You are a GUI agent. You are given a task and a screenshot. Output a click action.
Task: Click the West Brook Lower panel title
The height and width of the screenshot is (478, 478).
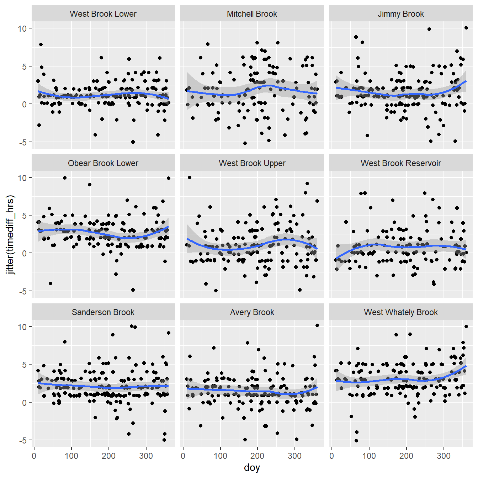pyautogui.click(x=103, y=14)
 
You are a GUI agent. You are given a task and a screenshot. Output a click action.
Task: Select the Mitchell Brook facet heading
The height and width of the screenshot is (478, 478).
pyautogui.click(x=252, y=14)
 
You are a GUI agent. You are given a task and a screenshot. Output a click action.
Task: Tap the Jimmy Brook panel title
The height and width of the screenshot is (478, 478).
pyautogui.click(x=400, y=14)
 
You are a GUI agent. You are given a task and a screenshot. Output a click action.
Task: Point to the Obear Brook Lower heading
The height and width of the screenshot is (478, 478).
pyautogui.click(x=103, y=163)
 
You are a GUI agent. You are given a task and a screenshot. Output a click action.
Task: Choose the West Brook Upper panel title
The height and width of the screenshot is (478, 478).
pyautogui.click(x=252, y=163)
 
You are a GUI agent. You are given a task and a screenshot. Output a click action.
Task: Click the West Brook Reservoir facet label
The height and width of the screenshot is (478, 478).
pyautogui.click(x=400, y=163)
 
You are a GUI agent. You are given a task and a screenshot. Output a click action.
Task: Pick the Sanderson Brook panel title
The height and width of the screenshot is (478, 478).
pyautogui.click(x=103, y=312)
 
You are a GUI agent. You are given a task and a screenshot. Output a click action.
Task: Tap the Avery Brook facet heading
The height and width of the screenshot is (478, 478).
pyautogui.click(x=252, y=312)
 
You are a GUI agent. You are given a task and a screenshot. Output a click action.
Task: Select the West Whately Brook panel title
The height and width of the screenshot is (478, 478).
pyautogui.click(x=400, y=312)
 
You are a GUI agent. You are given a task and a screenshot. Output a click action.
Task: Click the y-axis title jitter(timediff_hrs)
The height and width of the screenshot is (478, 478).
pyautogui.click(x=11, y=235)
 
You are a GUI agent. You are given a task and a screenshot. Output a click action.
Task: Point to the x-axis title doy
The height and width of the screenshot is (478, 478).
pyautogui.click(x=252, y=468)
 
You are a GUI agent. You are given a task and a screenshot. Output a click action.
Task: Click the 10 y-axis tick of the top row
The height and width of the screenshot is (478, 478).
pyautogui.click(x=22, y=28)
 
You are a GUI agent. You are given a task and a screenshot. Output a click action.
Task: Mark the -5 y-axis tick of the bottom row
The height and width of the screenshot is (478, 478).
pyautogui.click(x=22, y=441)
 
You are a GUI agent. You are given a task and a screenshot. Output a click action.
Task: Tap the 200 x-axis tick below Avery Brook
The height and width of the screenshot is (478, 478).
pyautogui.click(x=257, y=456)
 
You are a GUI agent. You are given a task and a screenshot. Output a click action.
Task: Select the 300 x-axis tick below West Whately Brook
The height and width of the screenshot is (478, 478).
pyautogui.click(x=444, y=456)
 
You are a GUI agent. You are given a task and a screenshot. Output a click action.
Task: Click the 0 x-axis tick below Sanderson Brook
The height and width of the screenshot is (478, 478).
pyautogui.click(x=34, y=456)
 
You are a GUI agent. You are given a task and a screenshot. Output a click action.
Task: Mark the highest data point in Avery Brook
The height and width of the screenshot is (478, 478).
pyautogui.click(x=317, y=325)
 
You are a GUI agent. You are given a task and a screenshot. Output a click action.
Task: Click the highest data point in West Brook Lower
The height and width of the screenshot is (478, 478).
pyautogui.click(x=41, y=44)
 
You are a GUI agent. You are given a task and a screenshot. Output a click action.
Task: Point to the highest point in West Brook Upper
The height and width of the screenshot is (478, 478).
pyautogui.click(x=190, y=177)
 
